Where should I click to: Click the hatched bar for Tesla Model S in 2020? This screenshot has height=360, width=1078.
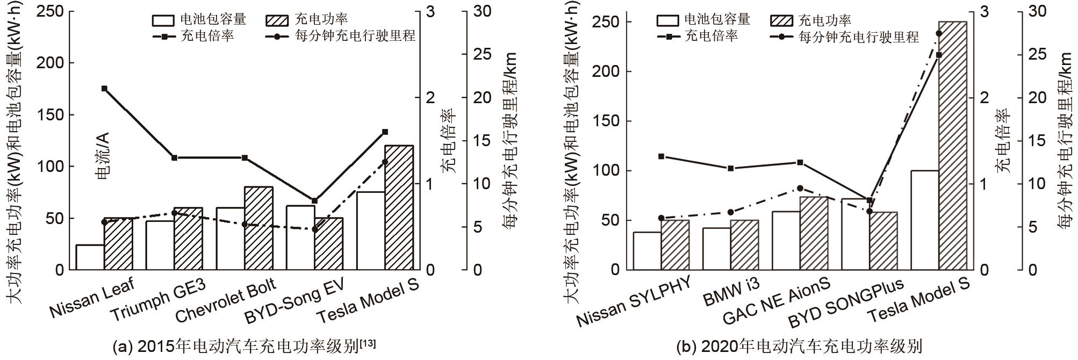[x=952, y=145]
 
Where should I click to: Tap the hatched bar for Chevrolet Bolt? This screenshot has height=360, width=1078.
[x=258, y=228]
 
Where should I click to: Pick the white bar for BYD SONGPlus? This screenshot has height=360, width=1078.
[x=856, y=234]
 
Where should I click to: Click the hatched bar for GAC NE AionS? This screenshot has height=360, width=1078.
[x=814, y=233]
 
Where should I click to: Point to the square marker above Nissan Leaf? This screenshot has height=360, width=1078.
[x=104, y=89]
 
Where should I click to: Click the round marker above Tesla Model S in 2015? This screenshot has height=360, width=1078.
[x=385, y=162]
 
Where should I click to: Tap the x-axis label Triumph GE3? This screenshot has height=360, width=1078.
[x=158, y=300]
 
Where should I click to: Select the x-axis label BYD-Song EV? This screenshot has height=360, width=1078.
[x=294, y=301]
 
